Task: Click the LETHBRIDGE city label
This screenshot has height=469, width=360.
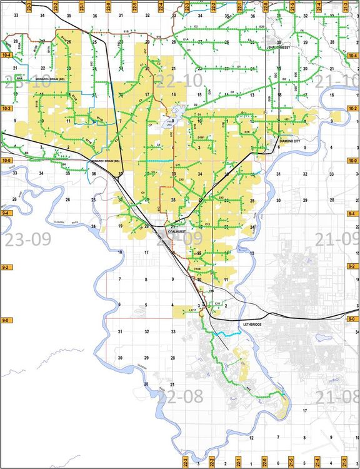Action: (252, 325)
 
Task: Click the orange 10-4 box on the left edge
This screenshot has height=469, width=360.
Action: (7, 56)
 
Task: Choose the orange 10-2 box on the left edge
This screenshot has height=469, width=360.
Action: (7, 109)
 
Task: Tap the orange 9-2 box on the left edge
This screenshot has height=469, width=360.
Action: (7, 267)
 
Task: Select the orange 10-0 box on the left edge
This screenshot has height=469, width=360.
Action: (7, 161)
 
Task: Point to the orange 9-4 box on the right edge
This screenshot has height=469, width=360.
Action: (353, 214)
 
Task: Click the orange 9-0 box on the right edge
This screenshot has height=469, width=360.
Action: (353, 320)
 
